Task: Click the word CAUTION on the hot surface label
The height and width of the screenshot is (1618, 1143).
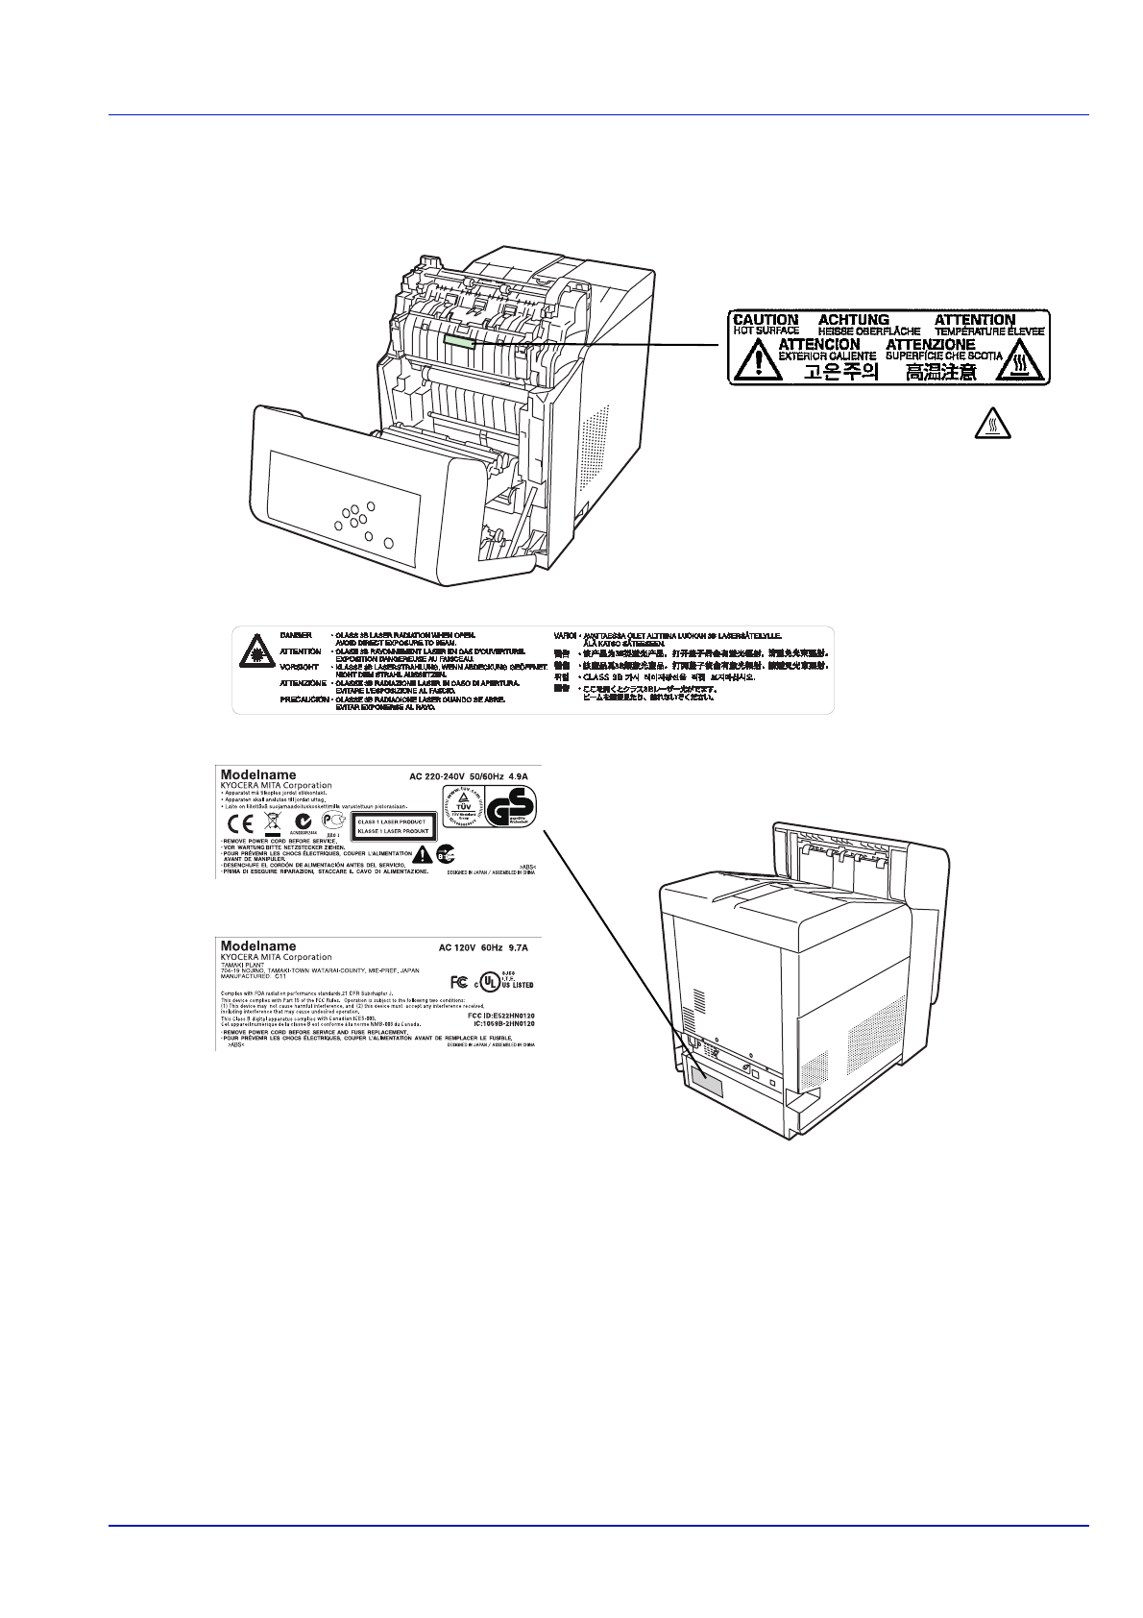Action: (x=765, y=320)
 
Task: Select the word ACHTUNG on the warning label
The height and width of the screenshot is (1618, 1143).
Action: (x=853, y=320)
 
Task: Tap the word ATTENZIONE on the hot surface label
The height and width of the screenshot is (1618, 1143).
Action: (x=930, y=344)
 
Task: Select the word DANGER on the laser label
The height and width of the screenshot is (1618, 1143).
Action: (x=295, y=636)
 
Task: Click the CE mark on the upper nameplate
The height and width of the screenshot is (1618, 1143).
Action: (x=237, y=823)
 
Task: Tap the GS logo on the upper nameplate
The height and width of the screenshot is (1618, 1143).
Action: (x=510, y=806)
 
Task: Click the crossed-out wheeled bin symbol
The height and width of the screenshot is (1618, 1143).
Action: (x=272, y=822)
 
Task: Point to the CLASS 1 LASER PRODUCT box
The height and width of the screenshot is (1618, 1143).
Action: (x=392, y=826)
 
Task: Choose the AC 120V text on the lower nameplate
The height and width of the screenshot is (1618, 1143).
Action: (x=457, y=947)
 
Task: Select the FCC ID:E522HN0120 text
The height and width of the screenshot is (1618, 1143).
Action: (x=499, y=1015)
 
